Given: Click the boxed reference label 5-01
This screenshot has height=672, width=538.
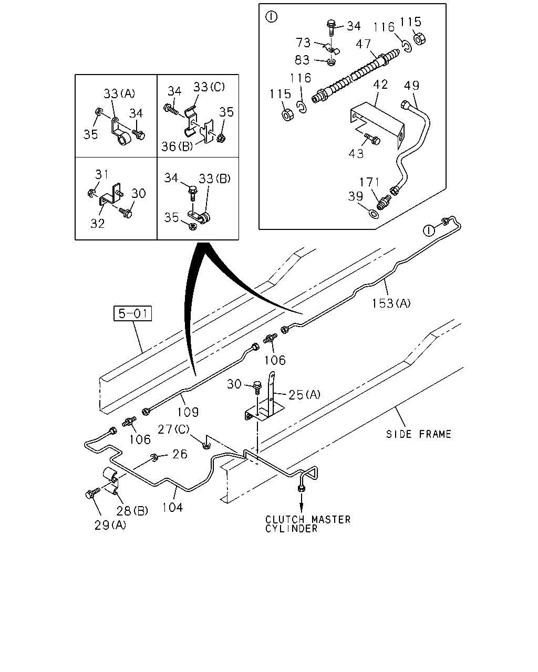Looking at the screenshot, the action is point(132,313).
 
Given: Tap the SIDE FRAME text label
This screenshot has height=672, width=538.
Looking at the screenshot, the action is point(419,434).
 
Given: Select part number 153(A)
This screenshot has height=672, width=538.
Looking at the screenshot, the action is point(391,303).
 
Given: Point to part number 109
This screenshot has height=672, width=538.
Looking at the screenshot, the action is point(188,412).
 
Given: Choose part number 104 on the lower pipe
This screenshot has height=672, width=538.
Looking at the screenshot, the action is point(172,508).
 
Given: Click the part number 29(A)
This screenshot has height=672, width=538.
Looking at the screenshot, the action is point(110,525).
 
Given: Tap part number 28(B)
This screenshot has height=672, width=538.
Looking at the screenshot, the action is point(132,511).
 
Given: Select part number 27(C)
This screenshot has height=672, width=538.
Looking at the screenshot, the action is point(173,429).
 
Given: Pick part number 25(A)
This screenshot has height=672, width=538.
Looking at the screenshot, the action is point(305,395).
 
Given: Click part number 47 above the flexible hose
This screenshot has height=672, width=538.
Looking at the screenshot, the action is point(363,44).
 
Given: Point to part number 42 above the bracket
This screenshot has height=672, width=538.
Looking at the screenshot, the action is point(380,85).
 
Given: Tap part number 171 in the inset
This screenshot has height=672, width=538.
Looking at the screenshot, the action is point(369,182).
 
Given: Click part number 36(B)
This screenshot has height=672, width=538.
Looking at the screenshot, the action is point(177,146).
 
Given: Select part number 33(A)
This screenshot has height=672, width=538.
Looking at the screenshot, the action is point(119,93).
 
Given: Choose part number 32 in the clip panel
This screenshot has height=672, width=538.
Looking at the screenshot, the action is point(98,223).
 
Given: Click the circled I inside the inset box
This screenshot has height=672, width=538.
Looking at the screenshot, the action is point(271,17).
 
